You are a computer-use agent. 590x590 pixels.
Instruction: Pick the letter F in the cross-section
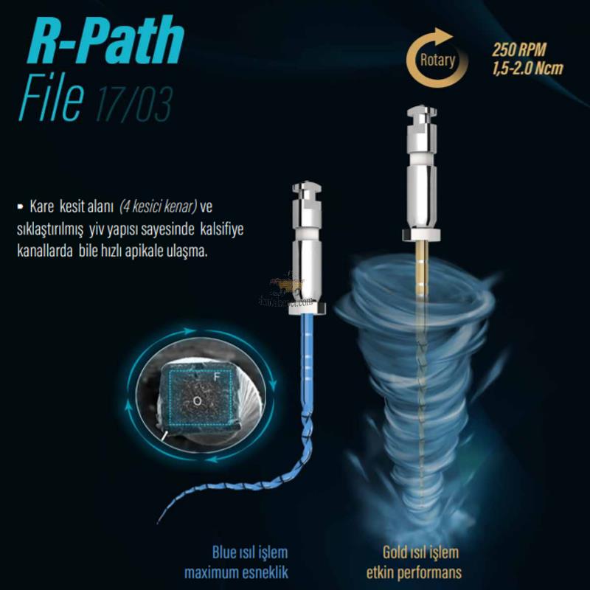point(217,377)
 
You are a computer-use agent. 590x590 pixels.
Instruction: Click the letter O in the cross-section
point(198,400)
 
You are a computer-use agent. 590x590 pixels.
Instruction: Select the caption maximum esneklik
point(236,573)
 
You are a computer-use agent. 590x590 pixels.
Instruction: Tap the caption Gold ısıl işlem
point(420,552)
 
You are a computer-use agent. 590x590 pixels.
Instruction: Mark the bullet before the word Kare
point(19,204)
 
